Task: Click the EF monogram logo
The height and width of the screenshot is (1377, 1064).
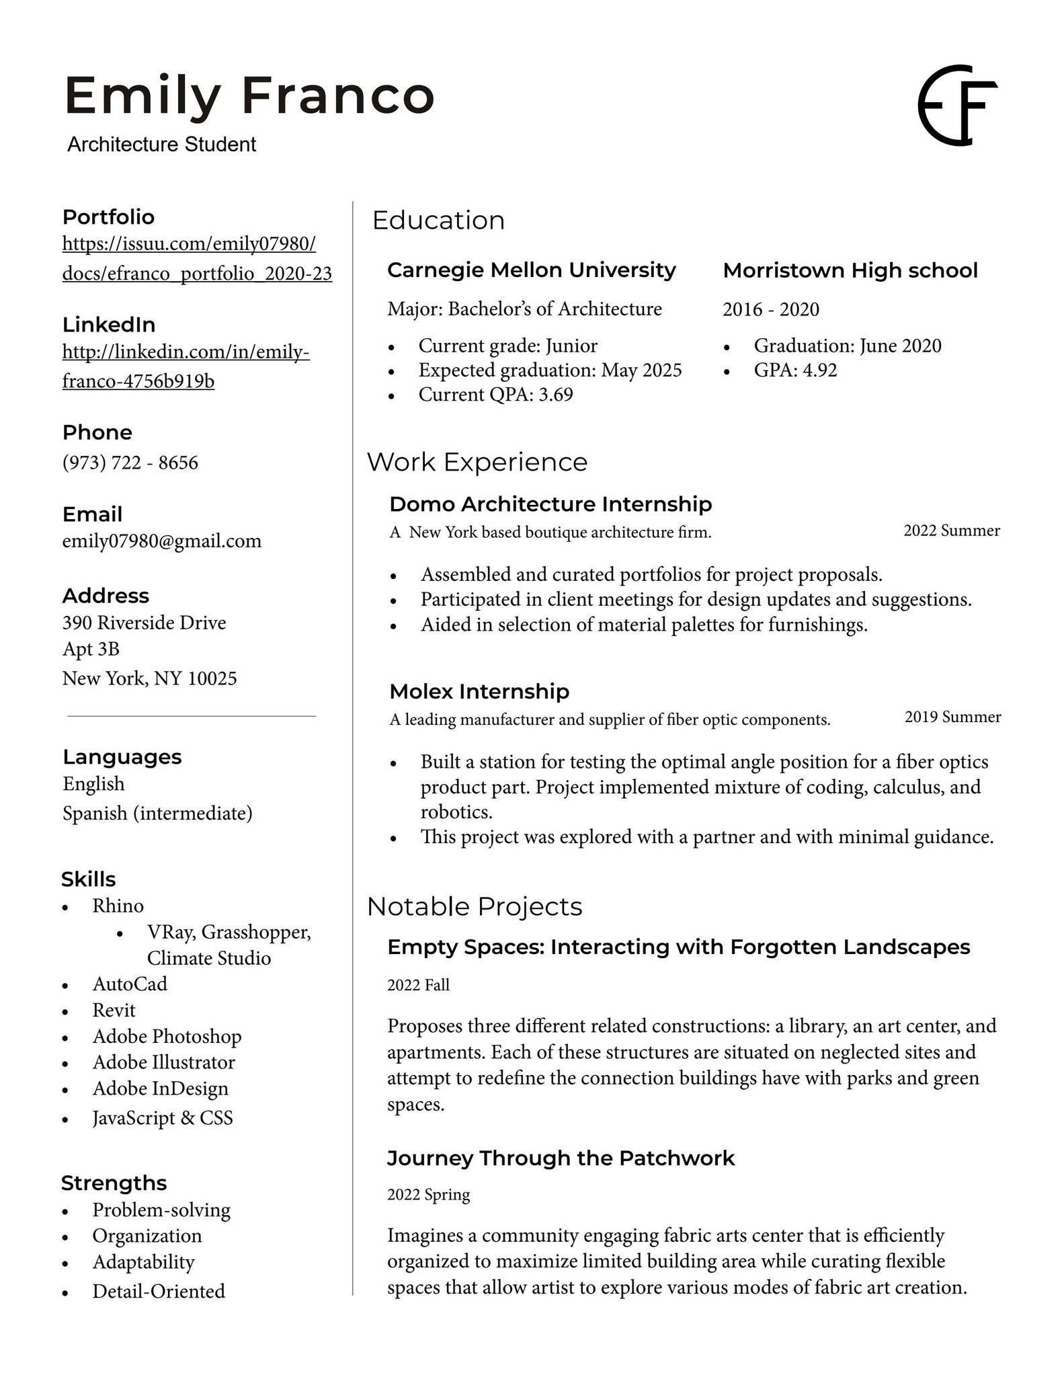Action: pyautogui.click(x=957, y=106)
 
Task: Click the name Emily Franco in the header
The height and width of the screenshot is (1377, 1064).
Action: pyautogui.click(x=249, y=96)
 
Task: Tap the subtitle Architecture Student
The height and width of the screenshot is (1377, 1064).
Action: pyautogui.click(x=161, y=145)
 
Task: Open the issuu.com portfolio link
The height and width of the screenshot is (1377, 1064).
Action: pyautogui.click(x=196, y=258)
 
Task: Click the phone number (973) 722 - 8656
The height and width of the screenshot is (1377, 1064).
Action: pyautogui.click(x=130, y=463)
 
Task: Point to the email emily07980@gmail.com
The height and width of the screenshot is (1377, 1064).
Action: pyautogui.click(x=161, y=541)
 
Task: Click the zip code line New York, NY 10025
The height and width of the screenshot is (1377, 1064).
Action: pyautogui.click(x=149, y=678)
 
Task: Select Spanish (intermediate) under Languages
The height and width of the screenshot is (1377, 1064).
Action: pyautogui.click(x=157, y=814)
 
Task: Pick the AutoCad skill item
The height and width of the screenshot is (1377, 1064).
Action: pyautogui.click(x=130, y=984)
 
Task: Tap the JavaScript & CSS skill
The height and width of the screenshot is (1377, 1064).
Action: pyautogui.click(x=163, y=1118)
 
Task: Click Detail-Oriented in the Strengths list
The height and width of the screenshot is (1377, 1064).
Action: pyautogui.click(x=159, y=1292)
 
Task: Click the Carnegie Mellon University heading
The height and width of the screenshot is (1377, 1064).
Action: pyautogui.click(x=531, y=270)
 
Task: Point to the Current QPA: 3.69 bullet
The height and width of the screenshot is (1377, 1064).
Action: pyautogui.click(x=495, y=395)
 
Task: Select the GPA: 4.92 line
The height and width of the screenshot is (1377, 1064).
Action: pyautogui.click(x=795, y=370)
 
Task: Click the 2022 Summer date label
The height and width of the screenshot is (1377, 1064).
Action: pyautogui.click(x=951, y=530)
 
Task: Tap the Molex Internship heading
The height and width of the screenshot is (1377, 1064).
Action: pyautogui.click(x=479, y=691)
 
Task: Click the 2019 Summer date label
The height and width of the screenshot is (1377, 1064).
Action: pyautogui.click(x=952, y=717)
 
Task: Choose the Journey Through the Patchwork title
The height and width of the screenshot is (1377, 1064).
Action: pyautogui.click(x=561, y=1158)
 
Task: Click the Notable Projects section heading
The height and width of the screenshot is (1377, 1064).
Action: pyautogui.click(x=475, y=907)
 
